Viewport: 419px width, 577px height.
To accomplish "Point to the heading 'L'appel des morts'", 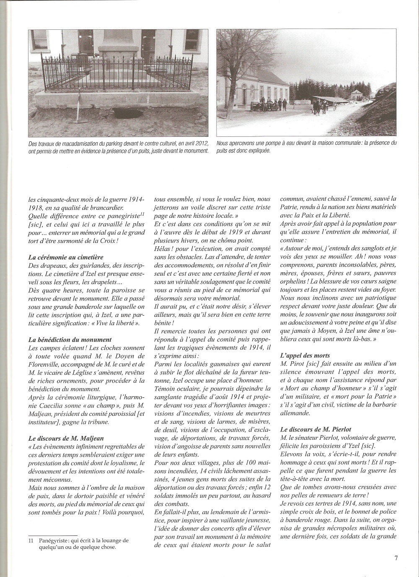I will tap(305, 355).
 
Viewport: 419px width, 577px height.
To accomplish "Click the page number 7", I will tap(396, 558).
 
